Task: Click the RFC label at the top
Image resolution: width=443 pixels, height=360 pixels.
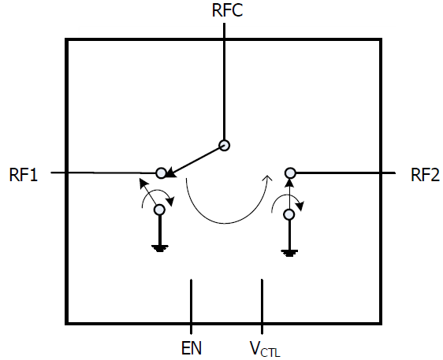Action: pos(227,10)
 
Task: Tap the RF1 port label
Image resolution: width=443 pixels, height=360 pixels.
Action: pos(24,175)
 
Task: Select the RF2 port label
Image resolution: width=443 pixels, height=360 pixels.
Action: pos(425,175)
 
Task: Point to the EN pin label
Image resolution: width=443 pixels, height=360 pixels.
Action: pos(192,348)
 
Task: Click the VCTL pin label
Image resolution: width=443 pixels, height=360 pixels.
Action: pos(265,349)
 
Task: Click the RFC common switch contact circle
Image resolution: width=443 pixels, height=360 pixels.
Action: pos(225,145)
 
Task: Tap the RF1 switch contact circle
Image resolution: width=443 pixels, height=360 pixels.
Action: pos(161,173)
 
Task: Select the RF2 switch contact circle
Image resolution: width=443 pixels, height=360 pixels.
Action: pos(290,173)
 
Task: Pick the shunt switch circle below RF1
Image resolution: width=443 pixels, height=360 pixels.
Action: pos(159,210)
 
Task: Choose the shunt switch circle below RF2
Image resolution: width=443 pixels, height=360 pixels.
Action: pos(289,214)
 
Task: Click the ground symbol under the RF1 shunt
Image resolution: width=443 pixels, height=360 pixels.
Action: pos(160,248)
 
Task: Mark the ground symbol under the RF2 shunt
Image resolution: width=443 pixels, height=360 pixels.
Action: pos(289,253)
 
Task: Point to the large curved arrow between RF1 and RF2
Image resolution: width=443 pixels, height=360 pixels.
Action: pos(226,224)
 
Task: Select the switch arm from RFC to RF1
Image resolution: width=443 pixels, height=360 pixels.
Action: pos(195,161)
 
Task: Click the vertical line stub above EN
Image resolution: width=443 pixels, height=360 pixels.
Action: pos(192,306)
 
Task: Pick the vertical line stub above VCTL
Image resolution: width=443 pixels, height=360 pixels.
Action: pos(262,306)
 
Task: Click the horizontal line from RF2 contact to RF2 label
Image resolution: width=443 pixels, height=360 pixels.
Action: pos(345,173)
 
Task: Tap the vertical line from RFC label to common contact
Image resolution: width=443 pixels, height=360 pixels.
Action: pos(225,81)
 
